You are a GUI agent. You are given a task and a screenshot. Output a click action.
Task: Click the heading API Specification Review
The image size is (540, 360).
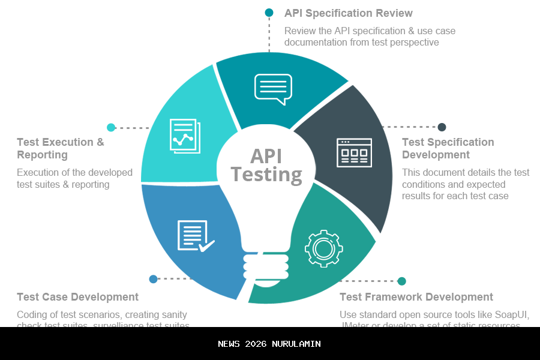(348, 13)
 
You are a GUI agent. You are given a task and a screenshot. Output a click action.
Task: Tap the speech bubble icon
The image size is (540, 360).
(274, 89)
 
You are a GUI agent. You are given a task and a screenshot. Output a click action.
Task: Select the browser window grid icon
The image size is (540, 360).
(354, 152)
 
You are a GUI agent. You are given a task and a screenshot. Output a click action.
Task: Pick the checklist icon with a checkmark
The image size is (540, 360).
(195, 236)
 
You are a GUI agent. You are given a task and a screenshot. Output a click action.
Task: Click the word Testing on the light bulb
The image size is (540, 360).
(266, 175)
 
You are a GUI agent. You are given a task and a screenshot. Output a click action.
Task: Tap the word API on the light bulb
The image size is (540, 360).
(266, 156)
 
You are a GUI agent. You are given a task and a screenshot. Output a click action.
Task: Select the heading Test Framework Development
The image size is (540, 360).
(416, 297)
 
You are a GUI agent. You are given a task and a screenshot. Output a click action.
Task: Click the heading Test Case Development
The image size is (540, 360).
(78, 297)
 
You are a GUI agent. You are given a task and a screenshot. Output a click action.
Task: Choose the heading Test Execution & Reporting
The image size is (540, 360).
(61, 148)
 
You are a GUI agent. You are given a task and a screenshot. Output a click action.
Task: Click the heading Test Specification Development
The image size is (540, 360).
(448, 148)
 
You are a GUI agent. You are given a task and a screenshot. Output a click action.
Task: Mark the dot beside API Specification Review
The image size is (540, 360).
(269, 13)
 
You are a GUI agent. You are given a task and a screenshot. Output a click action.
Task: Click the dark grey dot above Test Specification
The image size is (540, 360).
(442, 127)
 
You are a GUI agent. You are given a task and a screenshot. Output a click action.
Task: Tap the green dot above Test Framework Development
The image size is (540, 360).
(402, 281)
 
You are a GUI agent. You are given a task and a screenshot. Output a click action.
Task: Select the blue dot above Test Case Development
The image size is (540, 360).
(153, 279)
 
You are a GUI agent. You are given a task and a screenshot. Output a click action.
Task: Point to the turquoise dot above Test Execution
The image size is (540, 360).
(111, 127)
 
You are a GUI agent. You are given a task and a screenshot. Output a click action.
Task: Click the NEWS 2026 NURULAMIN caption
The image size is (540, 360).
(269, 344)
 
